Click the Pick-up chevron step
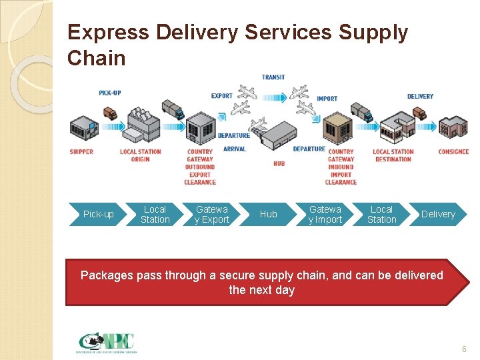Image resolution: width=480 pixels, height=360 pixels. click(x=98, y=214)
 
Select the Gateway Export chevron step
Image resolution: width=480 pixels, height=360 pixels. click(x=211, y=214)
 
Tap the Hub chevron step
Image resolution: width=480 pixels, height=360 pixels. click(x=268, y=214)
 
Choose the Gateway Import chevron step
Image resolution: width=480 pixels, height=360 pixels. click(x=325, y=214)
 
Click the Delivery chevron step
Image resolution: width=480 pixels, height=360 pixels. click(x=438, y=214)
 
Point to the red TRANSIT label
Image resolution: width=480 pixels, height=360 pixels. click(x=273, y=77)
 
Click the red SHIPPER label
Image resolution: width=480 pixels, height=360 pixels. click(x=81, y=152)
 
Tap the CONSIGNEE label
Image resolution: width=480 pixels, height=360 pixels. click(x=453, y=152)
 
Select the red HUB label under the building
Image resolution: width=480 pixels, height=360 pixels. click(x=279, y=163)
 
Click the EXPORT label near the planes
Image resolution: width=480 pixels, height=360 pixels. click(x=222, y=96)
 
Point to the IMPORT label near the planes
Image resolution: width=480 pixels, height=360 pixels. click(x=327, y=99)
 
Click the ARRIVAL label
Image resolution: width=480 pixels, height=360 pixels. click(x=235, y=149)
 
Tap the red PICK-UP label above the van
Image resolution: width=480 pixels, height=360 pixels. click(x=110, y=93)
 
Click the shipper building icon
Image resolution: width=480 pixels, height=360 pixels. click(x=83, y=129)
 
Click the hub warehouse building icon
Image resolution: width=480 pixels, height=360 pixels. click(x=277, y=137)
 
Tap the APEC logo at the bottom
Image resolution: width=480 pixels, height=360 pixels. click(x=107, y=343)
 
